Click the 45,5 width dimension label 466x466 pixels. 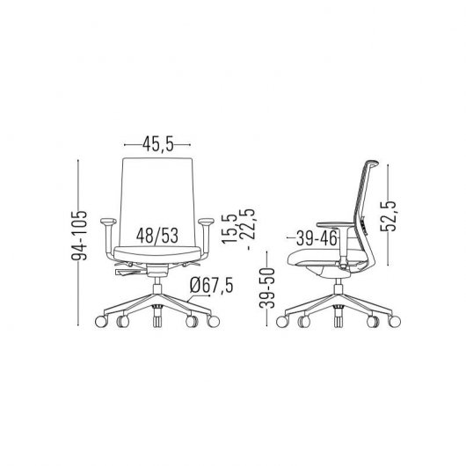159,142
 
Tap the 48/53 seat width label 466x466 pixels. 159,236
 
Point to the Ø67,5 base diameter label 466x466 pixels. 211,286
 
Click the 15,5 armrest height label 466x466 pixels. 228,227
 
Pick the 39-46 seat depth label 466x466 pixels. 317,237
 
